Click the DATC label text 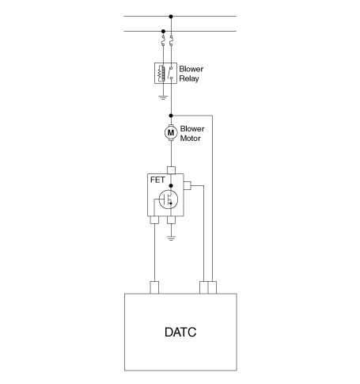pos(180,332)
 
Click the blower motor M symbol pos(171,132)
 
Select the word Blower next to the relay pos(191,69)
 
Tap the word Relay pos(189,78)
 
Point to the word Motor pos(190,139)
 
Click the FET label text pos(157,180)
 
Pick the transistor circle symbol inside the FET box pos(169,200)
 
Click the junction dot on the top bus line pos(171,17)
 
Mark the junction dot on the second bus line pos(163,31)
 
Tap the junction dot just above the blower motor pos(171,116)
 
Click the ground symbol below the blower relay pos(163,97)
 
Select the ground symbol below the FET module pos(171,238)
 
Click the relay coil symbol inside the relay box pos(161,73)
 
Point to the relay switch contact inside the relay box pos(170,73)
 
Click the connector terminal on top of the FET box pos(171,170)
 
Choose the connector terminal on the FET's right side pos(188,185)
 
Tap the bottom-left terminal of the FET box pos(154,220)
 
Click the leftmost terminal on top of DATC pos(154,287)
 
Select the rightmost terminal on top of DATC pos(212,287)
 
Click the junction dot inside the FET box pos(171,186)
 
